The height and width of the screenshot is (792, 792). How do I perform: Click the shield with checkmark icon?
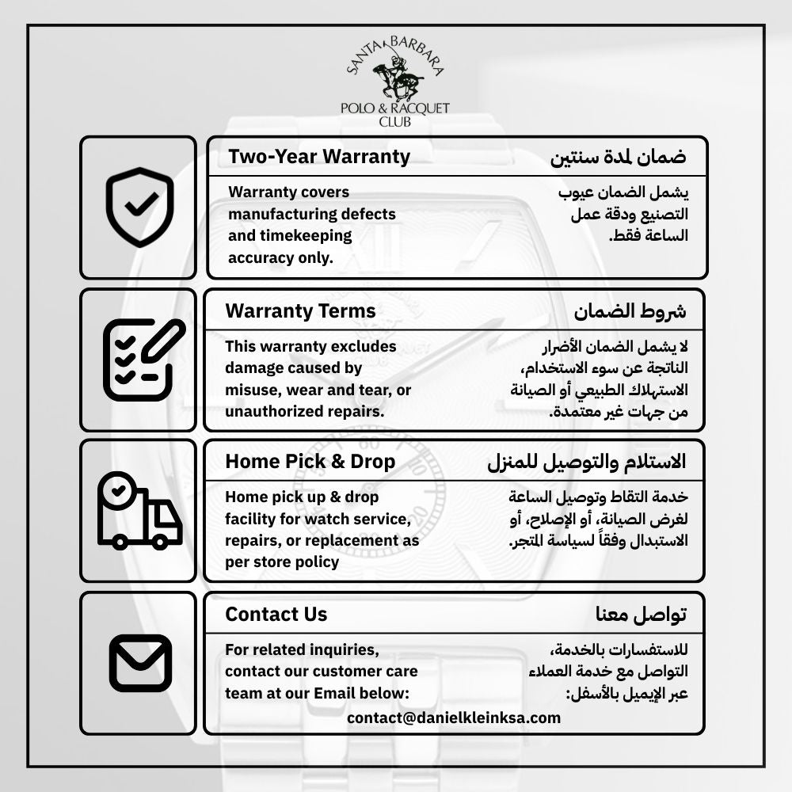tap(139, 207)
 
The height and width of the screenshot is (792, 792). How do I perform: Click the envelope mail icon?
tap(140, 663)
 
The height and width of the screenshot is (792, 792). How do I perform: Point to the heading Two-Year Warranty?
tap(319, 157)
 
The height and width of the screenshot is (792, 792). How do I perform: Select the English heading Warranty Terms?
tap(300, 310)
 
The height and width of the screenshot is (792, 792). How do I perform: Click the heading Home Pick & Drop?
tap(310, 461)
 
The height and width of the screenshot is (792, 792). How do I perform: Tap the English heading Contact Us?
tap(276, 614)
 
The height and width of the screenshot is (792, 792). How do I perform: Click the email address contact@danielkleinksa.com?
tap(454, 718)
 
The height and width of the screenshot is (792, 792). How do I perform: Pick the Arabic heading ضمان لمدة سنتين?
tap(618, 157)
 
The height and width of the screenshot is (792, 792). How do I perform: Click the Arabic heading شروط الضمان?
tap(630, 310)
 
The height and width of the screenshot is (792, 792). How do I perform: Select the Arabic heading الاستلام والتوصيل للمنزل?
tap(586, 461)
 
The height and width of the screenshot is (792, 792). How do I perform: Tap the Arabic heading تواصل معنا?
tap(641, 614)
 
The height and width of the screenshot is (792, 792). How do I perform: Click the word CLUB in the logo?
tap(394, 122)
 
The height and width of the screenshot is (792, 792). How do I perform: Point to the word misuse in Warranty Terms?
tap(249, 390)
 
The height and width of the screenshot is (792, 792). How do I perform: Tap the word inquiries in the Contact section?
tap(342, 650)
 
